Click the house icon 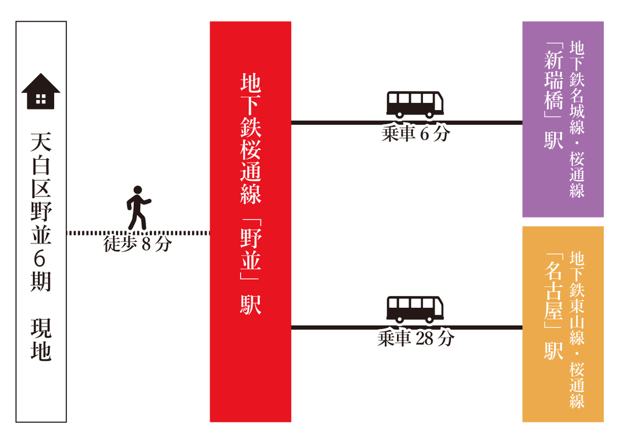point(41,91)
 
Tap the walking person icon point(138,208)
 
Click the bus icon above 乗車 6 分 point(415,105)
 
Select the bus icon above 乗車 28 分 point(415,310)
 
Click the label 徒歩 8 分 point(138,244)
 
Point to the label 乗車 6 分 point(416,134)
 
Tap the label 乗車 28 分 point(416,338)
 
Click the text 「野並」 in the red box point(250,249)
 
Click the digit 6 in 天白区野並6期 point(40,258)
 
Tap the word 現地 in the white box point(41,339)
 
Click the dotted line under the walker point(138,233)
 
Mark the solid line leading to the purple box point(407,123)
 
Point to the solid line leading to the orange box point(407,327)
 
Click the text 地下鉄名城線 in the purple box point(577,88)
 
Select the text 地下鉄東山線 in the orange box point(577,298)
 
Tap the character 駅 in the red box point(250,304)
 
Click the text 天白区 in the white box point(41,165)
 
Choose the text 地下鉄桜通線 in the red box point(250,139)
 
